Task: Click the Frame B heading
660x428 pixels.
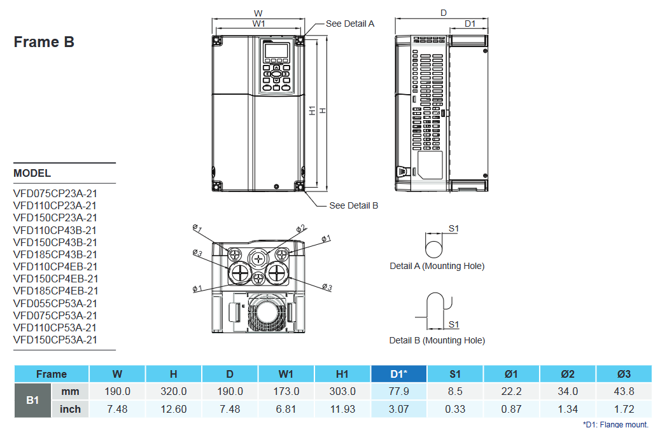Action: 44,42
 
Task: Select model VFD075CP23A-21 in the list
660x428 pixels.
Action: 55,193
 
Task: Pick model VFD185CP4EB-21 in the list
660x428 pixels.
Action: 55,291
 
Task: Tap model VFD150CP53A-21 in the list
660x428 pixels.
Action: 55,340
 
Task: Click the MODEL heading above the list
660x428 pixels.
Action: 32,173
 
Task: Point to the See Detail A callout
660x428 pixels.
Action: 350,24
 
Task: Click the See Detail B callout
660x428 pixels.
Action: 353,205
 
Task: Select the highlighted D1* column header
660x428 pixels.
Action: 398,374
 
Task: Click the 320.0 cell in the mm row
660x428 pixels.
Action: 174,392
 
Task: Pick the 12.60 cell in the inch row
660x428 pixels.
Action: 174,409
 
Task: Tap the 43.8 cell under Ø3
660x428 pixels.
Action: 624,392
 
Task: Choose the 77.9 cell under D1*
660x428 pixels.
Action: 398,392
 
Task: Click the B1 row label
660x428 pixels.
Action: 32,401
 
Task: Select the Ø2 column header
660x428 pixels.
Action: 568,374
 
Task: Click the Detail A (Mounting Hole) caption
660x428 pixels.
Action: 437,266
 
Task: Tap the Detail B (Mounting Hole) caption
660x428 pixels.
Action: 437,340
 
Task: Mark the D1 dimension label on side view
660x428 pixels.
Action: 470,24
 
